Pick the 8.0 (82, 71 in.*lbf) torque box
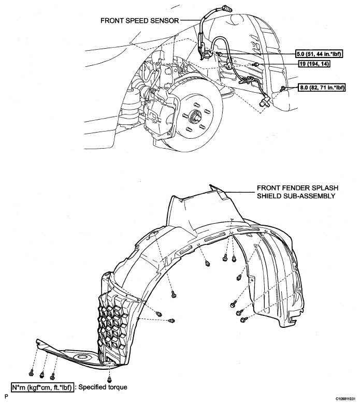point(322,89)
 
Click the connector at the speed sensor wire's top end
point(212,7)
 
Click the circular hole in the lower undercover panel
point(81,358)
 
